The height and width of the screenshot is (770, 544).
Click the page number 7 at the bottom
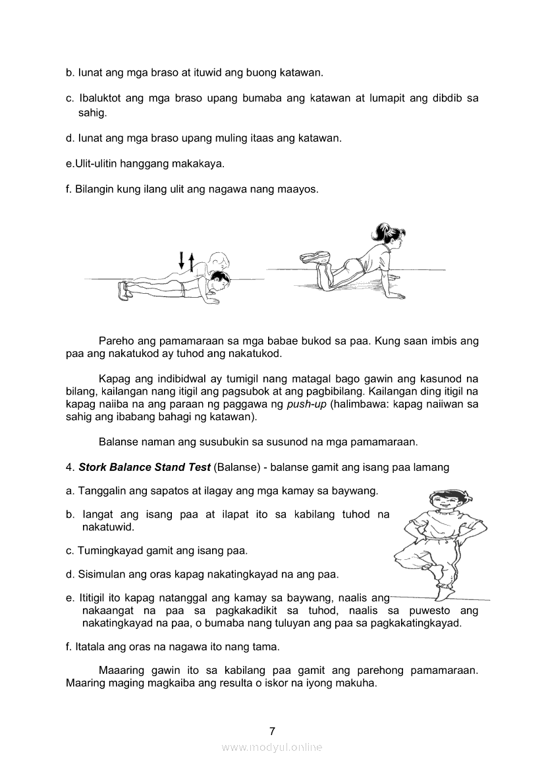(272, 730)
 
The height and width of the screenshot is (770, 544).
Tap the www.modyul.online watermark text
(272, 747)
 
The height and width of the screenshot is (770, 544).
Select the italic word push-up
(308, 404)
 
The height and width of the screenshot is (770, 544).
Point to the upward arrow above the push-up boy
(192, 263)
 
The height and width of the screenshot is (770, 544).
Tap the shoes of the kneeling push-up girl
(314, 258)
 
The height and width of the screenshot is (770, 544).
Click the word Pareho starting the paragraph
(117, 341)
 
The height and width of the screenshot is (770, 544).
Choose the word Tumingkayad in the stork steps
(110, 550)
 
